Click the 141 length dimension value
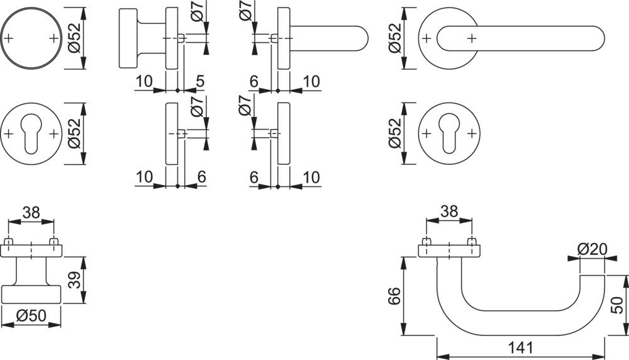click(x=521, y=347)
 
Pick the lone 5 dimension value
click(x=199, y=81)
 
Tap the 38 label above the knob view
click(x=31, y=213)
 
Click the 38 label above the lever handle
click(x=449, y=213)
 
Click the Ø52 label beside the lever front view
click(x=396, y=38)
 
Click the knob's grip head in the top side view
click(x=128, y=38)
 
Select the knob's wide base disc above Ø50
click(x=31, y=295)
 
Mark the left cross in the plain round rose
click(x=9, y=38)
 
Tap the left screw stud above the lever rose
click(x=426, y=242)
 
